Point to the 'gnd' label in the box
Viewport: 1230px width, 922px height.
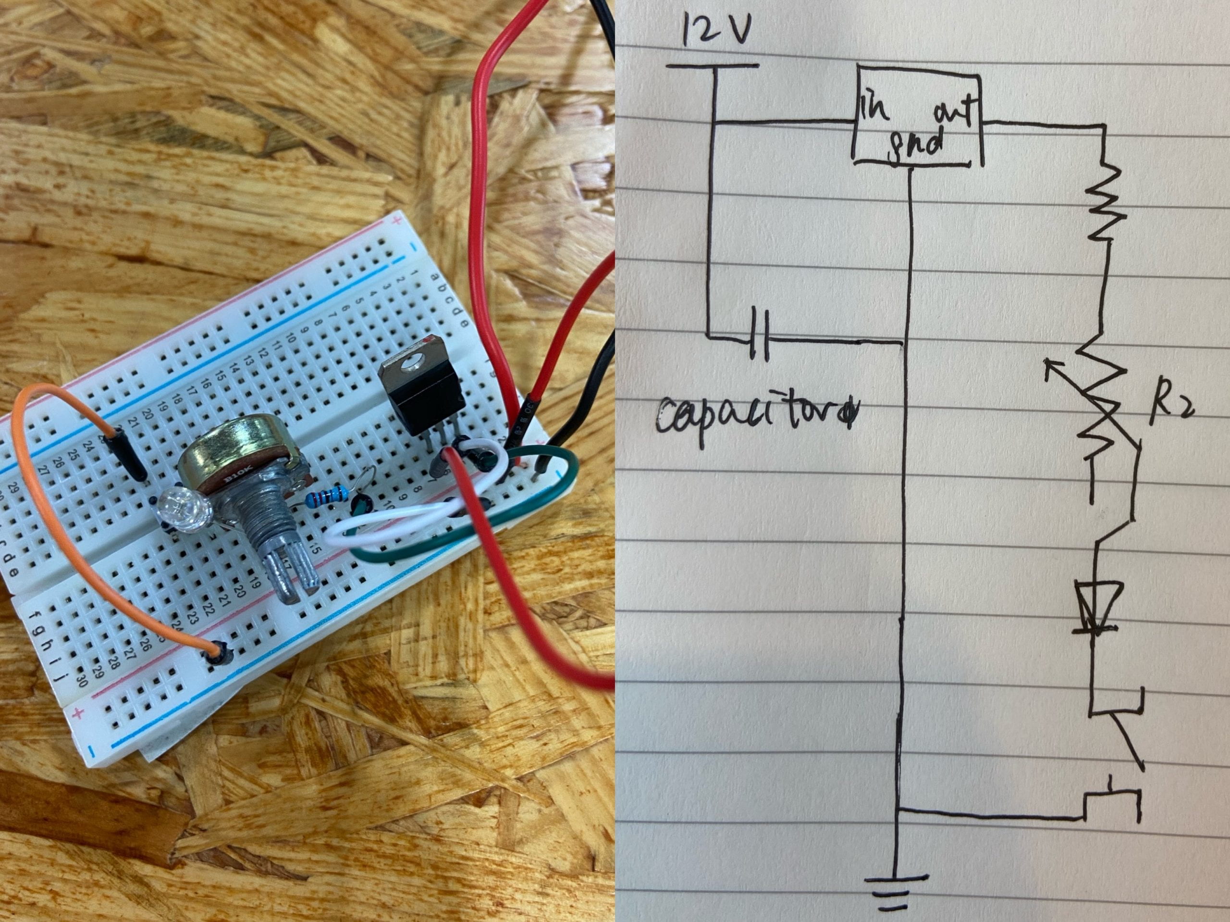point(918,144)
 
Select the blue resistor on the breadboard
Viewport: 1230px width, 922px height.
point(328,494)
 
